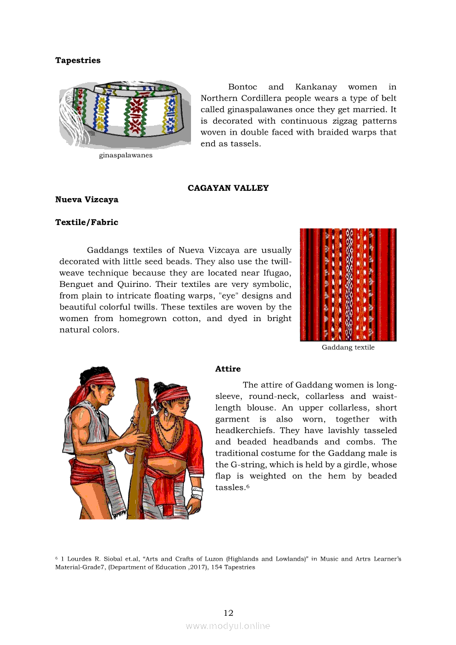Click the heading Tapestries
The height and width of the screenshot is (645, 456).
click(x=78, y=61)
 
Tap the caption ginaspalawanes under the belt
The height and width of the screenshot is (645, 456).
click(x=125, y=156)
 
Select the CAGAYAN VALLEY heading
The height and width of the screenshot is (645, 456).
click(x=228, y=188)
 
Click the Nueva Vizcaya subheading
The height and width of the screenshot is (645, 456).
click(x=87, y=200)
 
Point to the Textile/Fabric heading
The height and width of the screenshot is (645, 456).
click(x=87, y=222)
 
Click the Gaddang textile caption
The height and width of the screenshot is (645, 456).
click(x=348, y=348)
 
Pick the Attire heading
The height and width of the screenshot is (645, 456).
click(x=227, y=369)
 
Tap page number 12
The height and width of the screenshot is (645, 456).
click(x=229, y=613)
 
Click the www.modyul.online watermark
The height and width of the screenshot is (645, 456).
click(x=228, y=626)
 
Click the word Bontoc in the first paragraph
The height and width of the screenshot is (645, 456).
click(x=242, y=87)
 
